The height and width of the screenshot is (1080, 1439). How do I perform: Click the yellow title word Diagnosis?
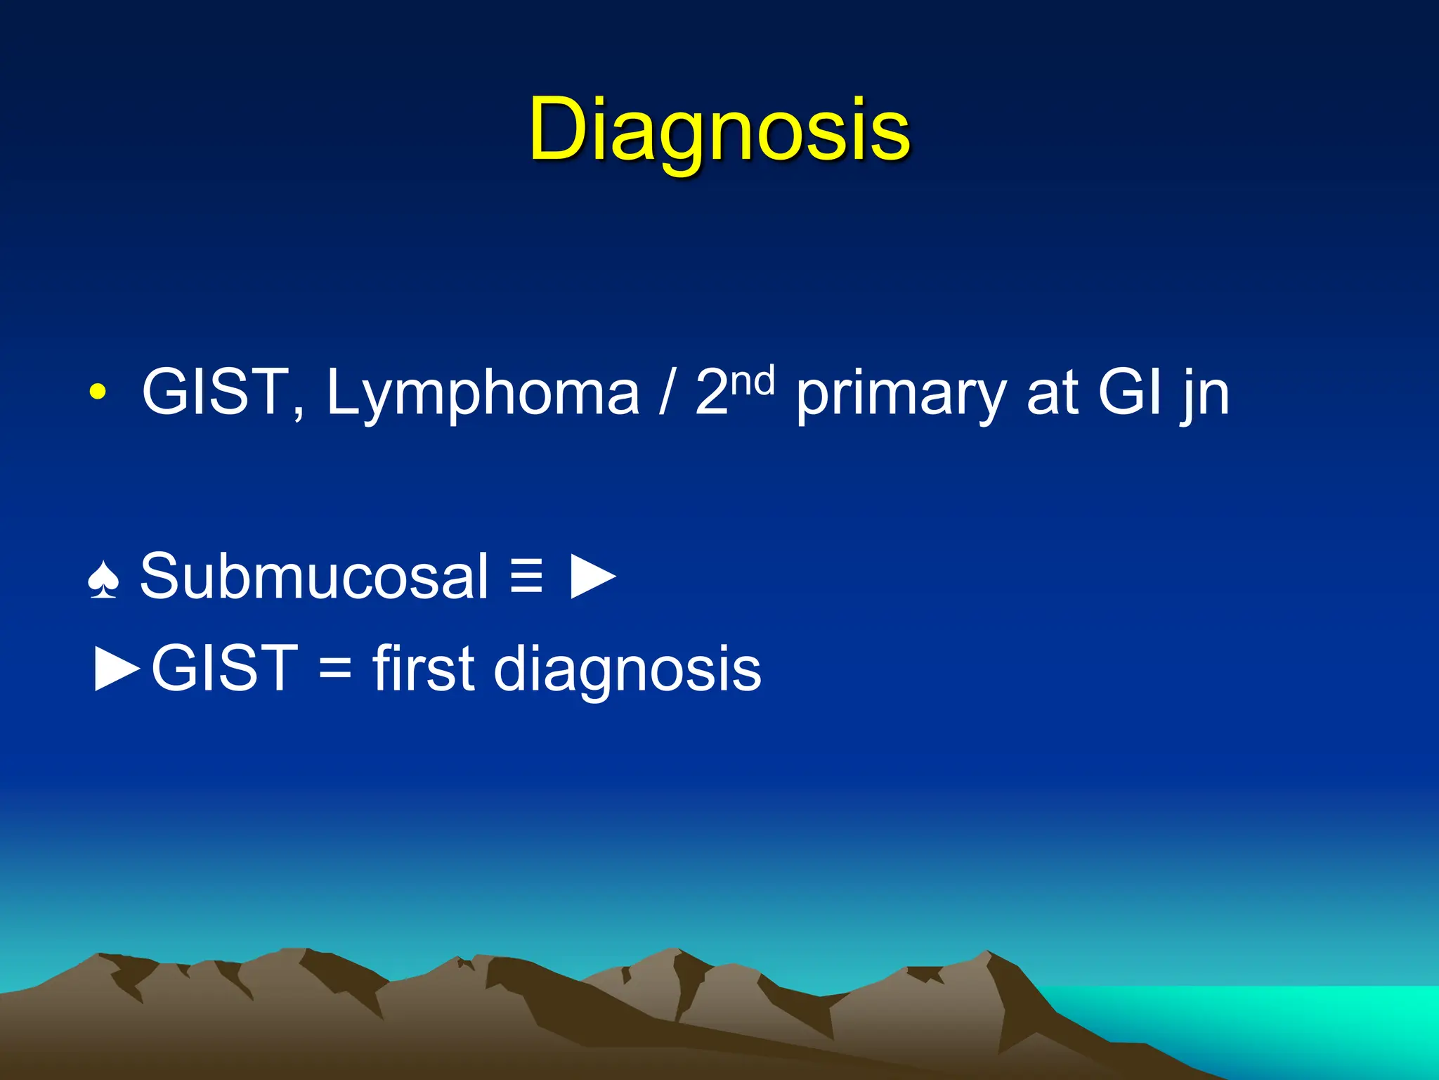pyautogui.click(x=719, y=130)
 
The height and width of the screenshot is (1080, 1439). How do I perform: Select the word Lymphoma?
pyautogui.click(x=483, y=394)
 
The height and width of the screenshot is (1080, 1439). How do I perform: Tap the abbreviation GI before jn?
pyautogui.click(x=1128, y=392)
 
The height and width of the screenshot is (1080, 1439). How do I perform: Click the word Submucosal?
pyautogui.click(x=313, y=577)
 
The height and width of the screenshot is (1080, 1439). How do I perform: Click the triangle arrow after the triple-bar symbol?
pyautogui.click(x=592, y=577)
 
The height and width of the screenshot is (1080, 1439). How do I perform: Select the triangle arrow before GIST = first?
pyautogui.click(x=117, y=669)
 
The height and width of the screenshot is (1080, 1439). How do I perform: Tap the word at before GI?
pyautogui.click(x=1052, y=394)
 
